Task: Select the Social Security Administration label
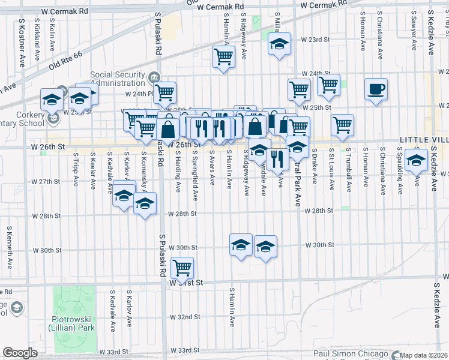click(x=118, y=79)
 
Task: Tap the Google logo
click(x=20, y=353)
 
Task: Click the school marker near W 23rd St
click(x=279, y=44)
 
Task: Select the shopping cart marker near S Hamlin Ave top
click(x=223, y=58)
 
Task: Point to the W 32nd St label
click(x=183, y=317)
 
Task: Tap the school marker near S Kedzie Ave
click(x=416, y=160)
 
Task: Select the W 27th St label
click(x=46, y=181)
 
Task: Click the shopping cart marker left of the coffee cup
click(x=328, y=85)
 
